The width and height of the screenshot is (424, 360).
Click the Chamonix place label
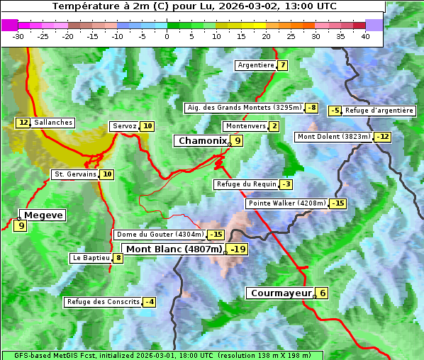pyautogui.click(x=202, y=141)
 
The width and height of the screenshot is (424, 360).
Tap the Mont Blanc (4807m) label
pyautogui.click(x=174, y=249)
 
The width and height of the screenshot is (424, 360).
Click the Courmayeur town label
pyautogui.click(x=281, y=293)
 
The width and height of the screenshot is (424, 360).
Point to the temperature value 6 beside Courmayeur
pyautogui.click(x=323, y=293)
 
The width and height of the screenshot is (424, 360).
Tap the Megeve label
pyautogui.click(x=43, y=215)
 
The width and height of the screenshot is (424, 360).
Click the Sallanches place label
pyautogui.click(x=53, y=123)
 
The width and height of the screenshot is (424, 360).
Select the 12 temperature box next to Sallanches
pyautogui.click(x=23, y=123)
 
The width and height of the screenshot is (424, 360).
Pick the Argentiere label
pyautogui.click(x=256, y=65)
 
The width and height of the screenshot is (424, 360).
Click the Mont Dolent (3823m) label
pyautogui.click(x=334, y=137)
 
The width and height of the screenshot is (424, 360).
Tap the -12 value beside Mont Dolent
pyautogui.click(x=383, y=137)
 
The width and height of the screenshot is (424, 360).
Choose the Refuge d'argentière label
pyautogui.click(x=379, y=111)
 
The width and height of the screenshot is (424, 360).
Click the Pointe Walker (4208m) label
pyautogui.click(x=286, y=204)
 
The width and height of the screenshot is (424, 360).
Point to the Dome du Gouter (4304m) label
pyautogui.click(x=160, y=235)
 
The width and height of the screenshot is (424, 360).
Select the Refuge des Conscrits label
pyautogui.click(x=103, y=302)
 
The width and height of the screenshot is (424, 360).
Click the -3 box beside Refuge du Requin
pyautogui.click(x=286, y=184)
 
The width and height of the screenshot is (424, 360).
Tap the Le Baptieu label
pyautogui.click(x=91, y=258)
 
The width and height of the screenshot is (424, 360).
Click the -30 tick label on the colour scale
pyautogui.click(x=18, y=36)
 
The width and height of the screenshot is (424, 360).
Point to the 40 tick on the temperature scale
pyautogui.click(x=365, y=36)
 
